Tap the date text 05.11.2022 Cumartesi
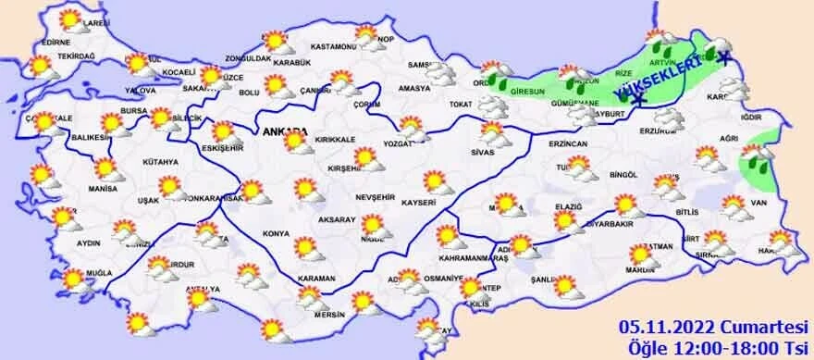click(x=712, y=327)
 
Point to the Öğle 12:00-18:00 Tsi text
click(x=712, y=347)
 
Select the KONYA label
click(x=276, y=233)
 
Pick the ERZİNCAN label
click(x=568, y=145)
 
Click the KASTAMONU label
click(x=334, y=46)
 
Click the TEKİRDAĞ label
click(x=77, y=56)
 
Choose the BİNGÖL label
click(x=624, y=175)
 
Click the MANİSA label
click(x=103, y=188)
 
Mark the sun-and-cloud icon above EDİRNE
click(x=70, y=21)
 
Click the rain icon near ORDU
click(x=501, y=81)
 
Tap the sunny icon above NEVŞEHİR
click(x=368, y=158)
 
